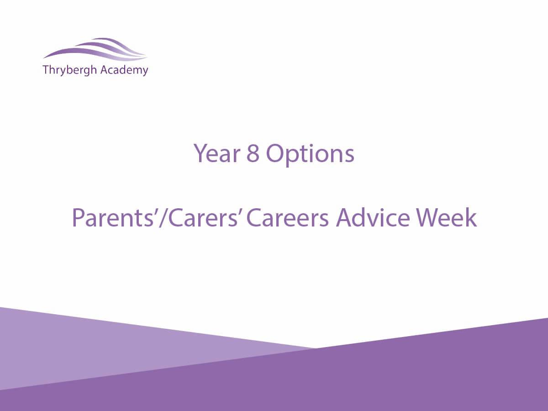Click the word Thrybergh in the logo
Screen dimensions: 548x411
[x=70, y=70]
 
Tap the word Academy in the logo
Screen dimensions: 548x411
[x=124, y=70]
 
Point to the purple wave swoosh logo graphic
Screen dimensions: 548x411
[x=95, y=49]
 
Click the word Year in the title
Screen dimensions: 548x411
[x=217, y=153]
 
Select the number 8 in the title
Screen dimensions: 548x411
[x=253, y=153]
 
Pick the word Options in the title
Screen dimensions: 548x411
[x=310, y=155]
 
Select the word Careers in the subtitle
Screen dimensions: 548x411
[x=287, y=218]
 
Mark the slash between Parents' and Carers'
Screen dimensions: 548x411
[x=164, y=218]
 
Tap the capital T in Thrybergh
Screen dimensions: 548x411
[x=46, y=70]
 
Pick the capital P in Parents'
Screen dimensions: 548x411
[x=78, y=218]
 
